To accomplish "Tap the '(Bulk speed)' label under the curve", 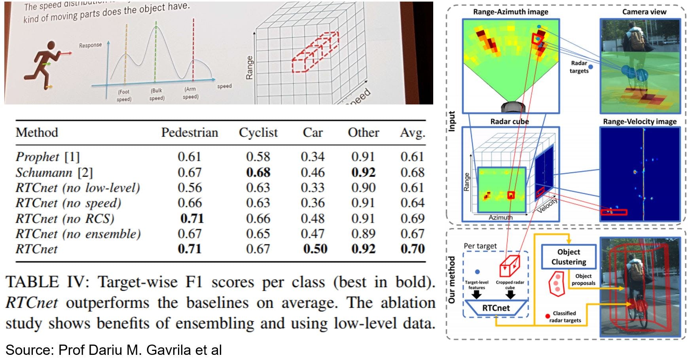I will [x=157, y=94].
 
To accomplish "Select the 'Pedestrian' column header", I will [x=190, y=133].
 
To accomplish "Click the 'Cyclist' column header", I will [x=258, y=133].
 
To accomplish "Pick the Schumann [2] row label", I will [x=54, y=172].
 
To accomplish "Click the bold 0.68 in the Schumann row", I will [x=258, y=172].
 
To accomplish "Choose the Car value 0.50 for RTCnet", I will [x=315, y=249].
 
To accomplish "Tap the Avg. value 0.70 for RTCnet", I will [x=412, y=249].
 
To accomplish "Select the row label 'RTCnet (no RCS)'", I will [x=65, y=218].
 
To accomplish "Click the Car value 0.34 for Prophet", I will [x=313, y=157].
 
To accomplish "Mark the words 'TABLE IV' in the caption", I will [x=45, y=282].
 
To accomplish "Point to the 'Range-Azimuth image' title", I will [x=510, y=12].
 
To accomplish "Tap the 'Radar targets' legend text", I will [x=579, y=67].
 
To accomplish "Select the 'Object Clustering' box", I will [x=569, y=257].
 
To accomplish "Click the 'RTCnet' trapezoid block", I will [x=496, y=308].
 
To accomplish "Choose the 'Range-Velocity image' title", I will [x=639, y=121].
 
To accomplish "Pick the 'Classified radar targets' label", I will [x=565, y=316].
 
